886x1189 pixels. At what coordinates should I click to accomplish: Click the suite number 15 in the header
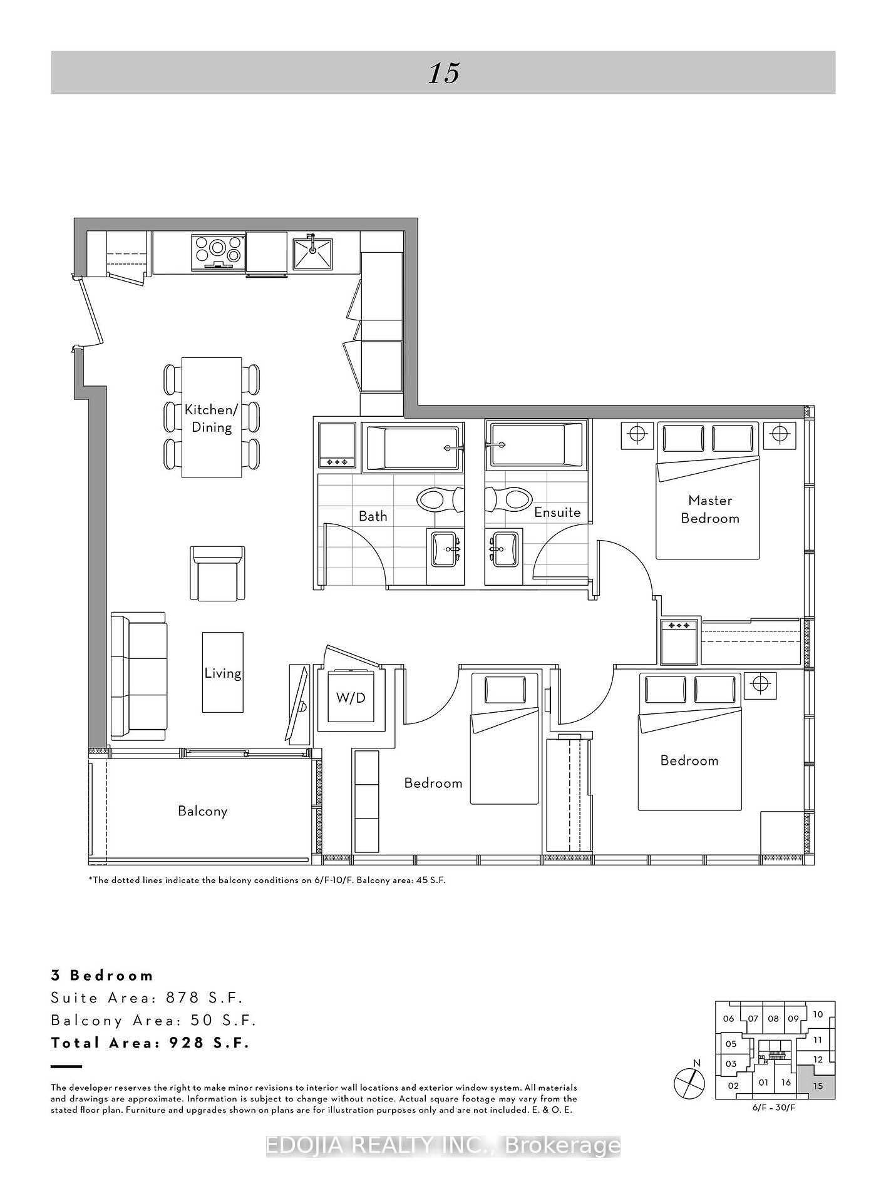pos(444,73)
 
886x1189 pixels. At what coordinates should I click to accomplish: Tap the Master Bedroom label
pos(710,509)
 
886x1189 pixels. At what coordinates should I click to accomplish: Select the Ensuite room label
pos(557,512)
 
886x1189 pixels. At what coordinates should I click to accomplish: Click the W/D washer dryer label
pos(351,697)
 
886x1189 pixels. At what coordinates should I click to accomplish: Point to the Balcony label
pos(202,811)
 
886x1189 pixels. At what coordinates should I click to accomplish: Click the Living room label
pos(223,673)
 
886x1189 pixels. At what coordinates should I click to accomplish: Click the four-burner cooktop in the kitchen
pos(217,251)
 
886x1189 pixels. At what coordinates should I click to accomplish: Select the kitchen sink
pos(313,253)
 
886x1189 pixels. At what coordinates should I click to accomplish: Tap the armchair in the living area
pos(217,573)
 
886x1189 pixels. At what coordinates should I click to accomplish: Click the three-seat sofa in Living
pos(138,675)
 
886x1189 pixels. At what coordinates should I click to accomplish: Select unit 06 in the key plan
pos(728,1019)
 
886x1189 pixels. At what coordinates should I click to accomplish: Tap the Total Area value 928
pos(185,1043)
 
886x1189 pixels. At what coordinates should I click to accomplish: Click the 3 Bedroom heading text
pos(102,975)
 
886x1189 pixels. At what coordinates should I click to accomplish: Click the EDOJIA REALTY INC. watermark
pos(443,1146)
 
